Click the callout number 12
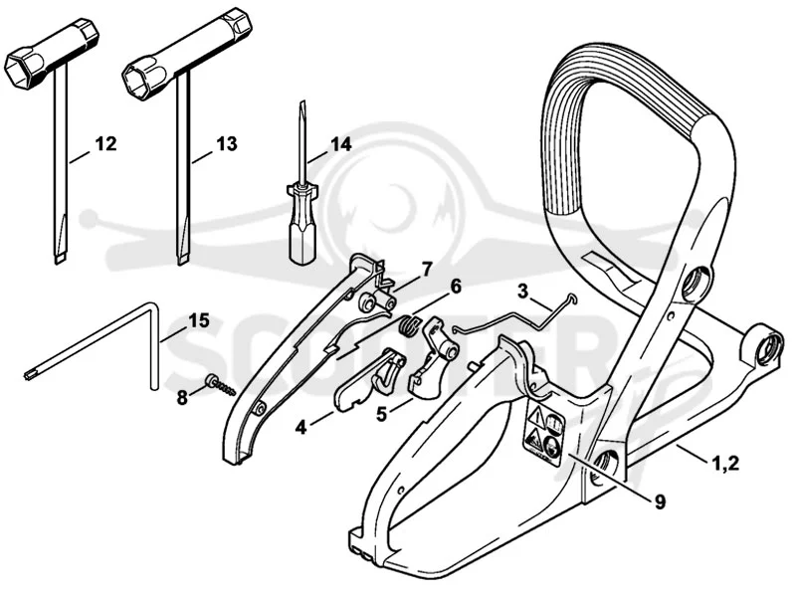coord(106,143)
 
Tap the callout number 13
coord(227,143)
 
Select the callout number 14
coord(340,144)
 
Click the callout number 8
coord(182,397)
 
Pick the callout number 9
coord(660,502)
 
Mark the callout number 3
coord(523,292)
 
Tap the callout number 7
coord(427,269)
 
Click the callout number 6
coord(456,287)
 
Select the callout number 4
coord(301,428)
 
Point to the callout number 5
coord(381,414)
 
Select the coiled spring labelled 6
coord(409,325)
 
